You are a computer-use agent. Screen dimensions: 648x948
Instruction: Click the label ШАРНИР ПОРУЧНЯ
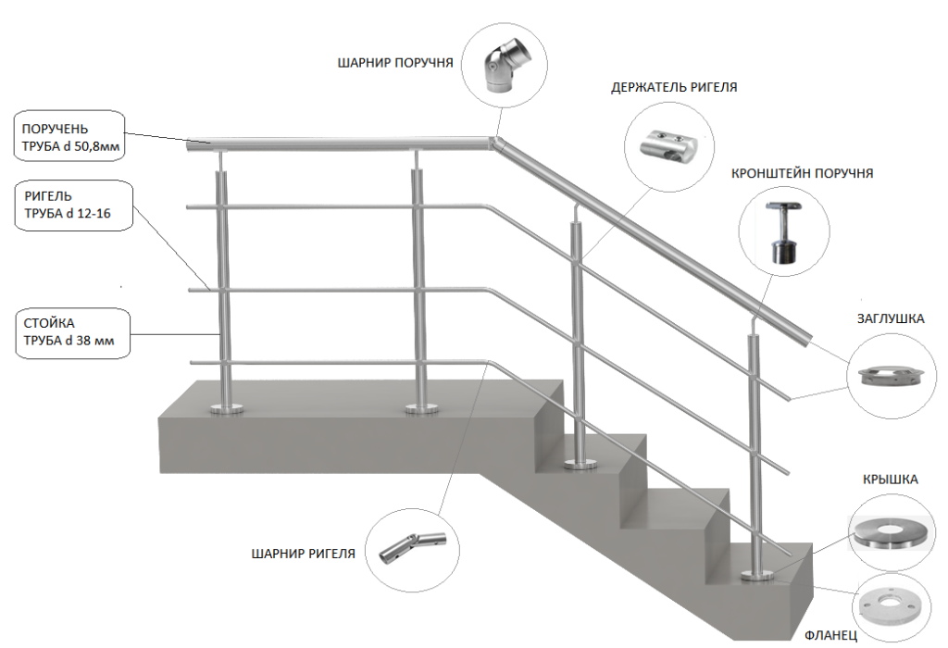(x=395, y=64)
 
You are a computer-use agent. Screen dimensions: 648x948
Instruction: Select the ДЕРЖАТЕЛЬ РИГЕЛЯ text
(x=674, y=88)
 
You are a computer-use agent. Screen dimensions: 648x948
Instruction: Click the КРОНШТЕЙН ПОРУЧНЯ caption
(x=802, y=173)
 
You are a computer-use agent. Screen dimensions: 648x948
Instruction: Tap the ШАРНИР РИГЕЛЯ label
(x=304, y=555)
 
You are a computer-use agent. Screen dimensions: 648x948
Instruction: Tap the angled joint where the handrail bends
(x=494, y=143)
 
